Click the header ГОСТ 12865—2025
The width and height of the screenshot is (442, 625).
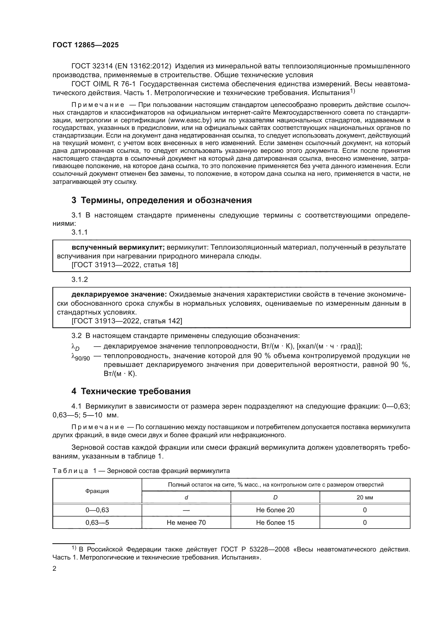pyautogui.click(x=86, y=45)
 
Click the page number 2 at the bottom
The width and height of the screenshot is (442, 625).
pyautogui.click(x=55, y=568)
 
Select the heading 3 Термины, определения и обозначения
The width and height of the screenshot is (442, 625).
pyautogui.click(x=161, y=200)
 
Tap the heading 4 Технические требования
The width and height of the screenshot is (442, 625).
pyautogui.click(x=131, y=391)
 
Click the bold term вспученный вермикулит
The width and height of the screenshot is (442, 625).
pyautogui.click(x=118, y=247)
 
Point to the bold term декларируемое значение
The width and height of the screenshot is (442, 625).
pyautogui.click(x=119, y=294)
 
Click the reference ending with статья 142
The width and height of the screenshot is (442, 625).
pyautogui.click(x=127, y=321)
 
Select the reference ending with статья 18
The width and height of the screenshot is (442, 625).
pyautogui.click(x=125, y=265)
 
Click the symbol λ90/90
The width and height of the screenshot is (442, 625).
pyautogui.click(x=80, y=357)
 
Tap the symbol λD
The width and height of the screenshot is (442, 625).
pyautogui.click(x=75, y=347)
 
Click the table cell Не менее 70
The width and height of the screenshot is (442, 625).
pyautogui.click(x=186, y=522)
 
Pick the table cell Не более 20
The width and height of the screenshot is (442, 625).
pyautogui.click(x=275, y=510)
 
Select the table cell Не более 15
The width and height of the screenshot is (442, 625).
pyautogui.click(x=275, y=522)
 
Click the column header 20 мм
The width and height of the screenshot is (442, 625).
pyautogui.click(x=365, y=497)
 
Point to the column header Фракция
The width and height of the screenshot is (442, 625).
pyautogui.click(x=97, y=491)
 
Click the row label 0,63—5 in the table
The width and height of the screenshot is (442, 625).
pyautogui.click(x=97, y=522)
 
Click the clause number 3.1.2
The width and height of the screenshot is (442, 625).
pyautogui.click(x=80, y=279)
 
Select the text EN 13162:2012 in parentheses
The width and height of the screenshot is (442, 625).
pyautogui.click(x=143, y=66)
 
